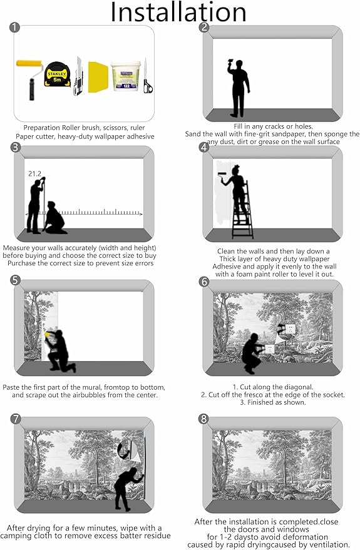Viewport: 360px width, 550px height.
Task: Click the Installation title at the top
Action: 178,13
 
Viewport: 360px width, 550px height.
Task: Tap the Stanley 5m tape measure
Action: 57,74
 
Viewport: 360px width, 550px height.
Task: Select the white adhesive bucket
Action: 126,76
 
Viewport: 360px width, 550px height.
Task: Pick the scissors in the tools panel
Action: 148,76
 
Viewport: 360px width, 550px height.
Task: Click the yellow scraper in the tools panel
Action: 98,77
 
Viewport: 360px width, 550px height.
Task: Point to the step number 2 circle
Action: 204,27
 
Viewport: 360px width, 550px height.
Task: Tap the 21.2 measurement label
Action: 34,173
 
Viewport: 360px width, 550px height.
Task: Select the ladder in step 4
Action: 243,210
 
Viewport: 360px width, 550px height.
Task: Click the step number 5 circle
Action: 16,280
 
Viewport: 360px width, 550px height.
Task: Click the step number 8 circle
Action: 203,419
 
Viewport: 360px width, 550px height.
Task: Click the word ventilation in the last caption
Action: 332,544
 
